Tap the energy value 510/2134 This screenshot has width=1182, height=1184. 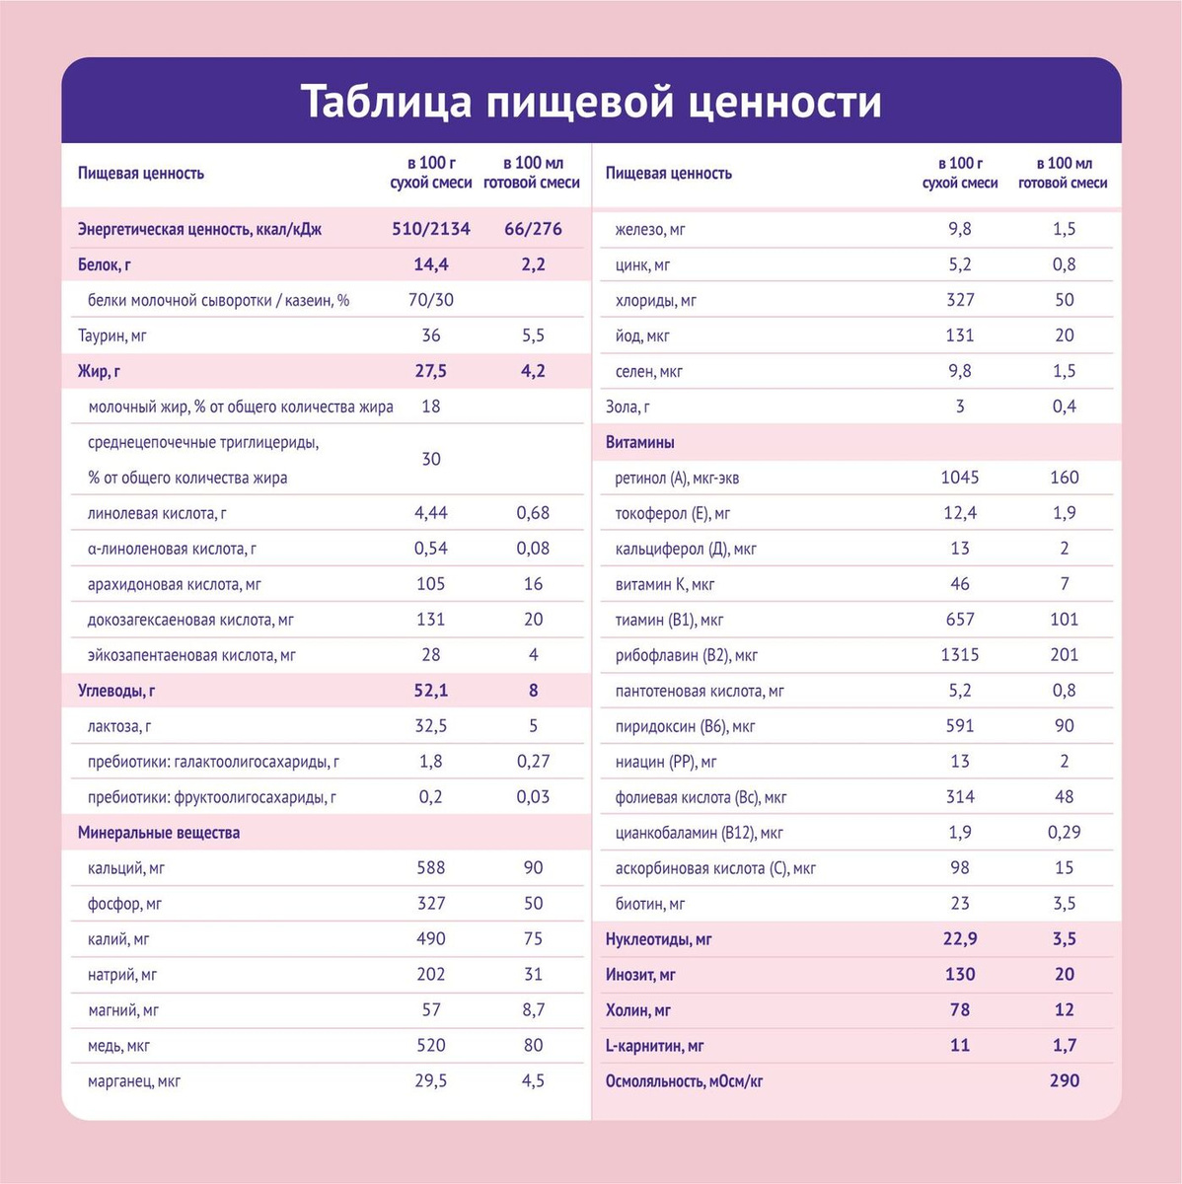pos(431,229)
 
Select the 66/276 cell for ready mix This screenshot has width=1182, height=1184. pos(533,229)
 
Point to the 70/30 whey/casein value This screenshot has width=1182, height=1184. pos(431,300)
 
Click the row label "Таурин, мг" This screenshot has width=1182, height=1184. pos(112,336)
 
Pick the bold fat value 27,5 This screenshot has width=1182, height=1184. pos(431,371)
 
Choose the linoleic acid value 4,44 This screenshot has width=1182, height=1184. pos(431,513)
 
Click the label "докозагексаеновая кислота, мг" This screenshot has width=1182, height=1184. pos(190,621)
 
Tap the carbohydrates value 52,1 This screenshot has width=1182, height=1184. pos(431,691)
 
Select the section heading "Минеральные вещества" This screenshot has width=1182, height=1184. pos(159,833)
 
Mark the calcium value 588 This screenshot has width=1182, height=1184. pos(431,868)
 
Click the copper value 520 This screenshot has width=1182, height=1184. pos(431,1046)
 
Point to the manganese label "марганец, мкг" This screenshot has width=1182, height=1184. pos(134,1082)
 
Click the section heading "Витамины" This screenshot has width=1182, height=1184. pos(640,443)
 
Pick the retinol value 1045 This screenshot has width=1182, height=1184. pos(960,478)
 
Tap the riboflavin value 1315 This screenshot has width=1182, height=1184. pos(960,655)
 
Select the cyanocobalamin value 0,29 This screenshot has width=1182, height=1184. pos(1064,833)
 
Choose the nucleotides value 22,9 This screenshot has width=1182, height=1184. pos(960,939)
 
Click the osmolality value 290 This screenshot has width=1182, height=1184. pos(1065,1081)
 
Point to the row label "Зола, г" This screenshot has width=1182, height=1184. pos(628,407)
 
